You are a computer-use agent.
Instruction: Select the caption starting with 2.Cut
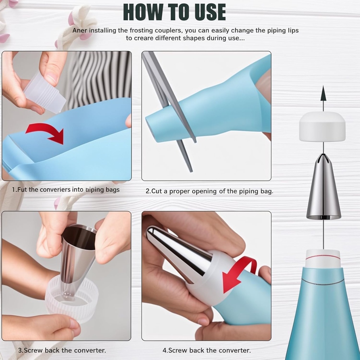[209, 191]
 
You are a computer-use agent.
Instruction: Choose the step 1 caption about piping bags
[66, 190]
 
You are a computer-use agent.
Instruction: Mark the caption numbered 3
[62, 350]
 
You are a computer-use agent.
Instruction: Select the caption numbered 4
[206, 350]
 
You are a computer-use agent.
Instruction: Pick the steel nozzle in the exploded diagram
[323, 190]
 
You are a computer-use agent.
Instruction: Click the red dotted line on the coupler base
[323, 257]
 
